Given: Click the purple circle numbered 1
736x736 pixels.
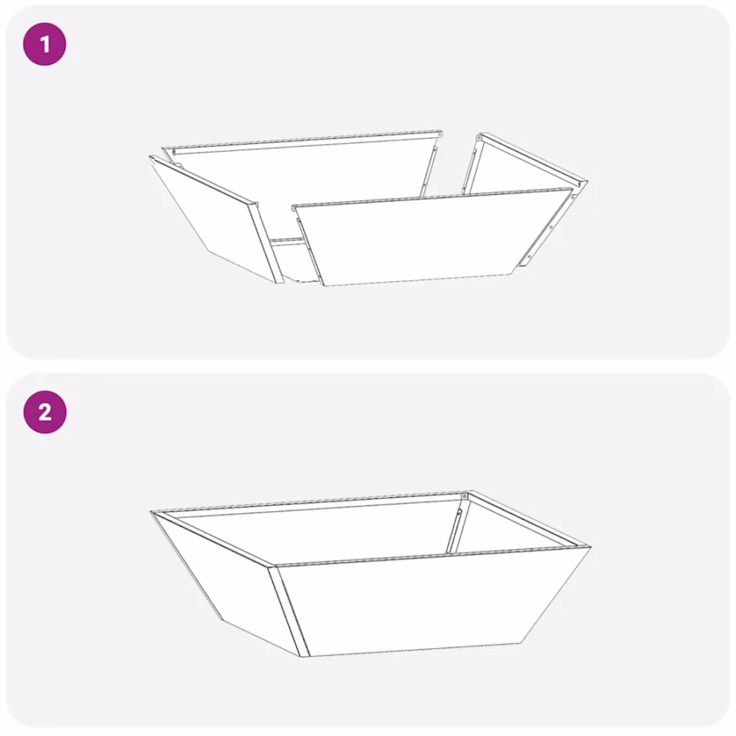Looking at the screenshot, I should point(44,44).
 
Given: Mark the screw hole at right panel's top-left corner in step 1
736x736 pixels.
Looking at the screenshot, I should point(479,139).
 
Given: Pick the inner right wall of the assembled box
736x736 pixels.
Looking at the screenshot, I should point(511,527).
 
